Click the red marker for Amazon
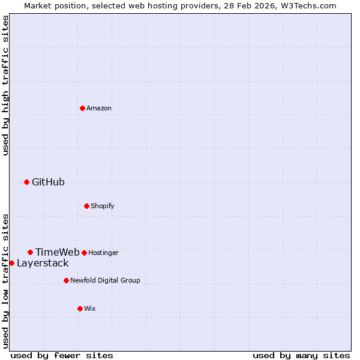[82, 108]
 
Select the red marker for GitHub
[26, 182]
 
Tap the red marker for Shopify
[86, 206]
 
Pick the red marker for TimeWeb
[30, 252]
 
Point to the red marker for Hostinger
[84, 253]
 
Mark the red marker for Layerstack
[11, 263]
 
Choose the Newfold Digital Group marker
[66, 280]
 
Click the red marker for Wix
[80, 308]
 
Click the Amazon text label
[99, 108]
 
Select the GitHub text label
[48, 182]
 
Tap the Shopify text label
[103, 206]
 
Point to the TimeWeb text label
[57, 252]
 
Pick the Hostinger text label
[103, 253]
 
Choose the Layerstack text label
[43, 263]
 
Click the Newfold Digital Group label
[105, 280]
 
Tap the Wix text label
[90, 308]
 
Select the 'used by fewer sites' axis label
[62, 355]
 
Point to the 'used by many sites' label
[301, 355]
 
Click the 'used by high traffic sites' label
[5, 86]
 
